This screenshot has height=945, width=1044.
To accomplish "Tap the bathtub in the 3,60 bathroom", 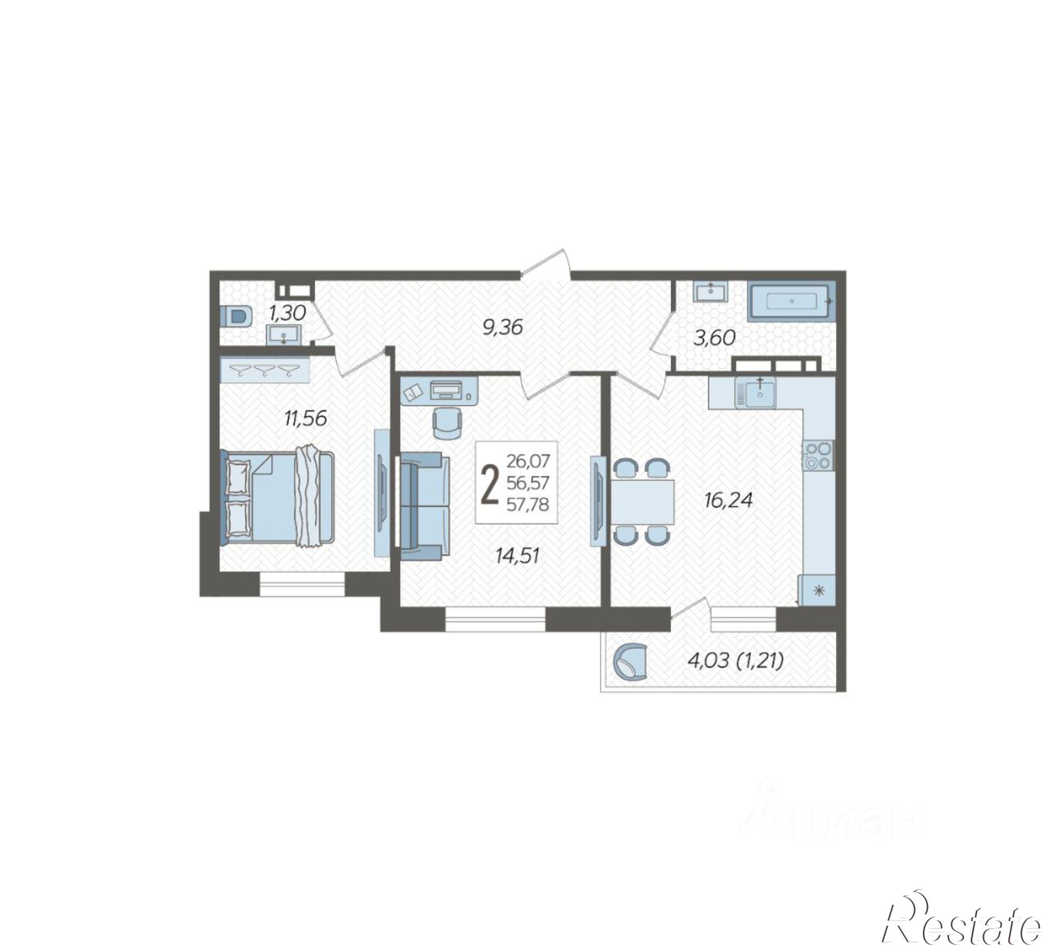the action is [791, 301].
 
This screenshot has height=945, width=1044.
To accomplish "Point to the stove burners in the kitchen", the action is [818, 455].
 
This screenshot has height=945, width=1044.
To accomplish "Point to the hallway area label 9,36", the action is [502, 329].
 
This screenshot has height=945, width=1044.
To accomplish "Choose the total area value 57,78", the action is [528, 505].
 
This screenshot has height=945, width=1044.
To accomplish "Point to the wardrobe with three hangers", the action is [265, 370].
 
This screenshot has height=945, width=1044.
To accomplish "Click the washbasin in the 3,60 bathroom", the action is [710, 291].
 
